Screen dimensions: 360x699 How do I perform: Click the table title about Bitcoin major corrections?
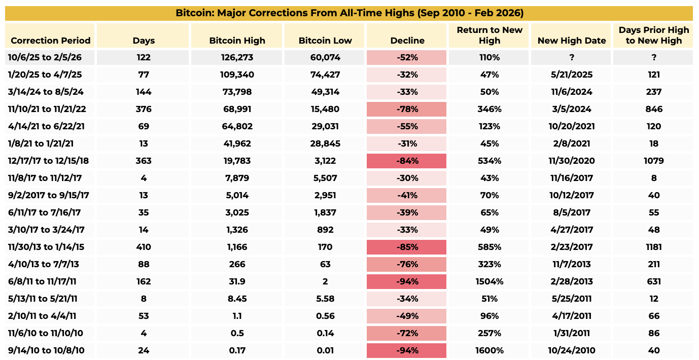(x=349, y=13)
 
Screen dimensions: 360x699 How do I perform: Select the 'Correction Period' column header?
(x=50, y=41)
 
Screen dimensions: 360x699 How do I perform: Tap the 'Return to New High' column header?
(x=489, y=35)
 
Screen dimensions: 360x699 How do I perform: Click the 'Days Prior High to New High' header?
(x=653, y=35)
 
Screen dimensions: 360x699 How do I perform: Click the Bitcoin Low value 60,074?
(x=325, y=58)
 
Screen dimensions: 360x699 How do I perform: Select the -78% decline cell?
(x=407, y=110)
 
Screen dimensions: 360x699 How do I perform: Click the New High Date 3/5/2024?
(x=571, y=110)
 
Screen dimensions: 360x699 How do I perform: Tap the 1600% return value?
(x=489, y=351)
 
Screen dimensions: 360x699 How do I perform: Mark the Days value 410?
(x=144, y=247)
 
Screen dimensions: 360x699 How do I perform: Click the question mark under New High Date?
(x=571, y=58)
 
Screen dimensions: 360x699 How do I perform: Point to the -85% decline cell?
(x=407, y=247)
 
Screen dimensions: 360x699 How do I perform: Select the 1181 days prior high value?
(x=653, y=247)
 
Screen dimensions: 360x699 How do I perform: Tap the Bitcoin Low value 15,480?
(x=325, y=110)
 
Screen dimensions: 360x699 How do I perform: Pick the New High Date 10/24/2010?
(x=571, y=351)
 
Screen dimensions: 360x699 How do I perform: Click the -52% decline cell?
(x=407, y=58)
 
